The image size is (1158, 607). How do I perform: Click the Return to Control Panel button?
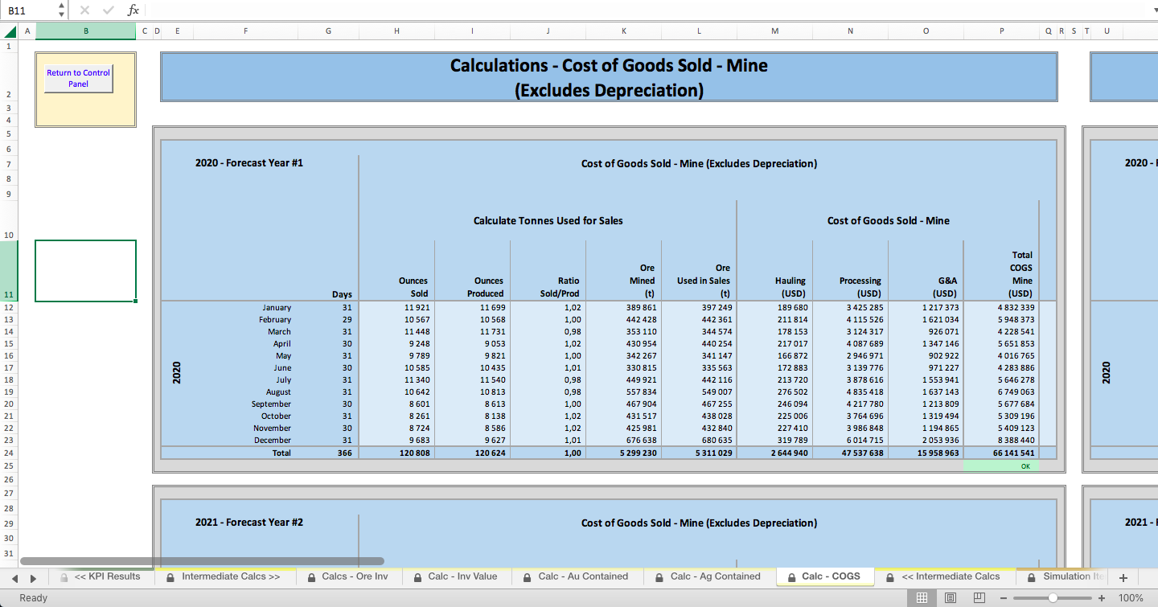pos(79,79)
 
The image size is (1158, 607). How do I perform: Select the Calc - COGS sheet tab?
pos(825,576)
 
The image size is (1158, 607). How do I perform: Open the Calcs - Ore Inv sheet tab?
pos(348,576)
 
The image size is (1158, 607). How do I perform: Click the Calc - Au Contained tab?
pos(577,576)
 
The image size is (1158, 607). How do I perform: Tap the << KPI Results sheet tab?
pos(101,576)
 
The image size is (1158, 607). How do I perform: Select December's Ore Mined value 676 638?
pos(642,441)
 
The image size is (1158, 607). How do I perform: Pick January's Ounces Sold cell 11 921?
pos(417,308)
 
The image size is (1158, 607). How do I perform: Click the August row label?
pos(278,392)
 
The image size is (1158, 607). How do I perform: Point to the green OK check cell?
pos(1001,466)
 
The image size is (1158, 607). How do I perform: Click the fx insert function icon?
pos(133,10)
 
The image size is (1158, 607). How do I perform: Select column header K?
pos(624,31)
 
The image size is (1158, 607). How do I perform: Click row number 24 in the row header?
pos(9,453)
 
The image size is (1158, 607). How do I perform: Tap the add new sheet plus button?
pos(1123,577)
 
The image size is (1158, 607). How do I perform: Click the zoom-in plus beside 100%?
pos(1102,598)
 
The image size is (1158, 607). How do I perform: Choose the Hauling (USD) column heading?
pos(790,287)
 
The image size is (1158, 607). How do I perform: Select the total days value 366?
pos(344,453)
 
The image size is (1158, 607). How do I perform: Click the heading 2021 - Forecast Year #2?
pos(249,523)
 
